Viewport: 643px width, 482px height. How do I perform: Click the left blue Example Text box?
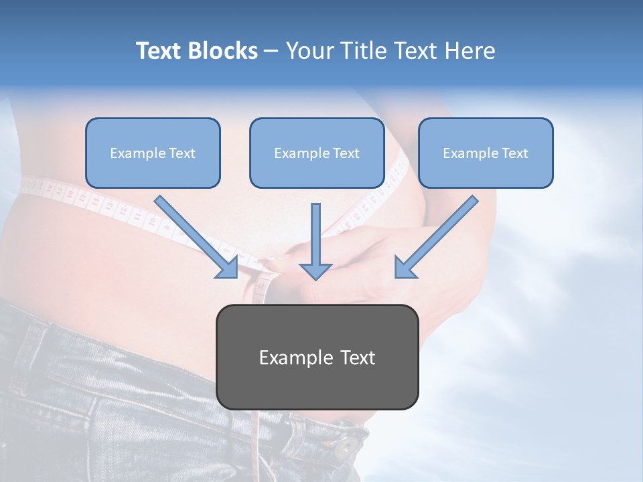[153, 153]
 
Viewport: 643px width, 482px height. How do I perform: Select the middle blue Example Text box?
[317, 153]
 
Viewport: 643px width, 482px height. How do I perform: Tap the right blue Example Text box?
[486, 153]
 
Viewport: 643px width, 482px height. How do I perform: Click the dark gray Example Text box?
[317, 357]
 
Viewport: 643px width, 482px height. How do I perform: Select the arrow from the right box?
[439, 234]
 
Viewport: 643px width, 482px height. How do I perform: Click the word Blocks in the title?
[222, 51]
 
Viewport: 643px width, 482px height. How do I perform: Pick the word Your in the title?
[309, 51]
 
